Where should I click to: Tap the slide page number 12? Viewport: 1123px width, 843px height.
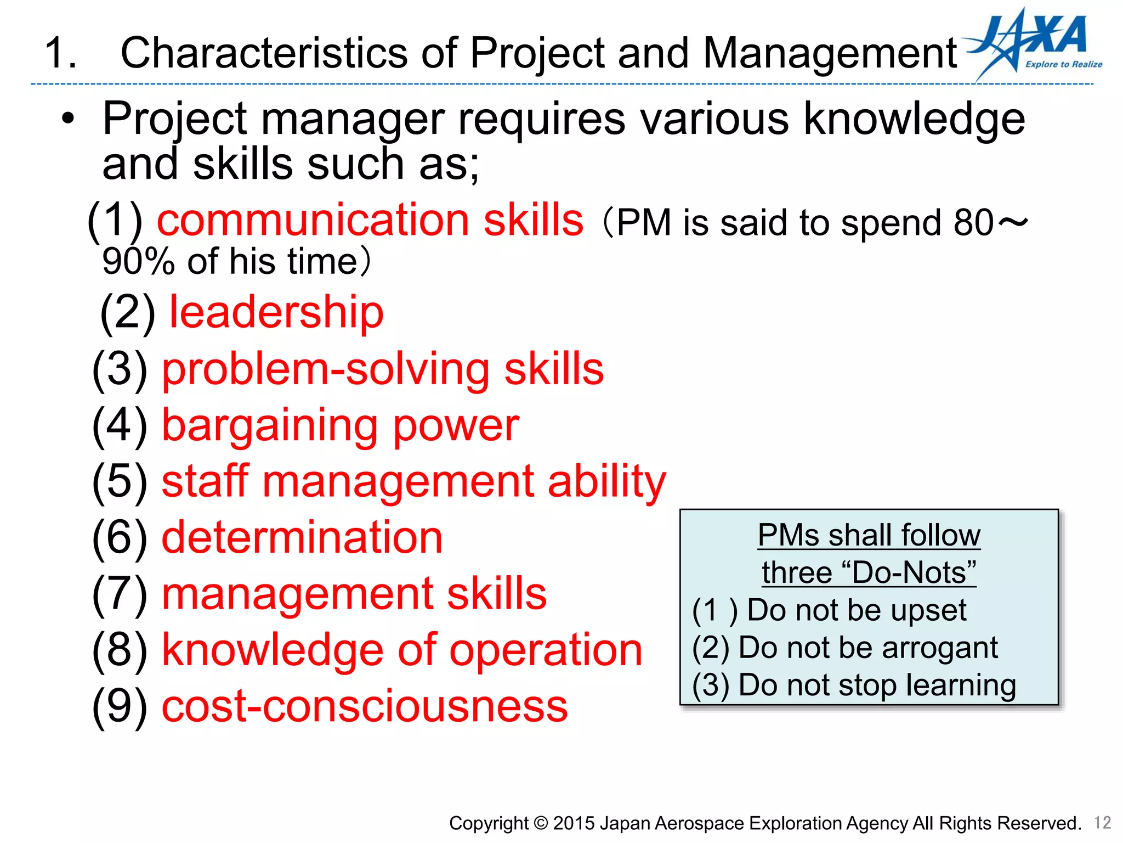pyautogui.click(x=1102, y=822)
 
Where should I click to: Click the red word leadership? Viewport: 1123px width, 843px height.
pyautogui.click(x=276, y=312)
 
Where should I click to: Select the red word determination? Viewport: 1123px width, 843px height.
pyautogui.click(x=302, y=537)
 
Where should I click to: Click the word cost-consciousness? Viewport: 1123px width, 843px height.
pyautogui.click(x=365, y=706)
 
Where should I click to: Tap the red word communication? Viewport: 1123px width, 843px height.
pyautogui.click(x=313, y=220)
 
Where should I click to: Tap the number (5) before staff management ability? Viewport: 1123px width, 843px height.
pyautogui.click(x=120, y=481)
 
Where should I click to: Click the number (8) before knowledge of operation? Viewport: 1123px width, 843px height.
pyautogui.click(x=120, y=650)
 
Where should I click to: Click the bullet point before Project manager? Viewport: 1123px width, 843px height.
pyautogui.click(x=67, y=119)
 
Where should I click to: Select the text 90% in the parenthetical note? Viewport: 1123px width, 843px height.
pyautogui.click(x=138, y=261)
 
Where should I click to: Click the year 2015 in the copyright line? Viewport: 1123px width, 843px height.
pyautogui.click(x=574, y=823)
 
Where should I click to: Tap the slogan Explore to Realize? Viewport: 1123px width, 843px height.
pyautogui.click(x=1064, y=64)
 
